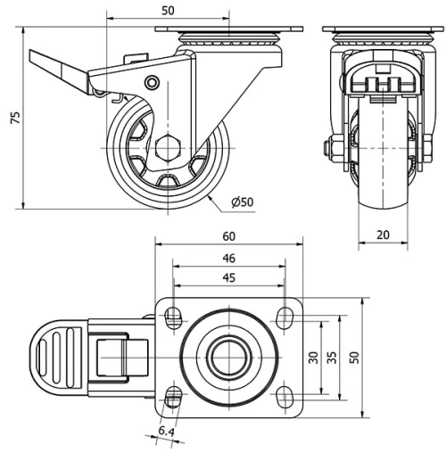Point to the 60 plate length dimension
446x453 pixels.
coord(229,236)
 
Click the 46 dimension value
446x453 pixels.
coord(229,259)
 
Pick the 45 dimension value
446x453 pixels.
coord(229,278)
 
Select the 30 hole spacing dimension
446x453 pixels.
coord(313,357)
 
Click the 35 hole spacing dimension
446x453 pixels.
coord(332,357)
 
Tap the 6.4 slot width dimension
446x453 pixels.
coord(165,433)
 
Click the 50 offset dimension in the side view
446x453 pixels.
coord(168,10)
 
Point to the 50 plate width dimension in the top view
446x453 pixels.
coord(355,357)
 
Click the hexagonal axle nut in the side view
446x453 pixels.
coord(167,147)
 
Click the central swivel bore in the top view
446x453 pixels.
coord(229,356)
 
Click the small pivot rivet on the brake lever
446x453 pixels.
coord(153,84)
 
